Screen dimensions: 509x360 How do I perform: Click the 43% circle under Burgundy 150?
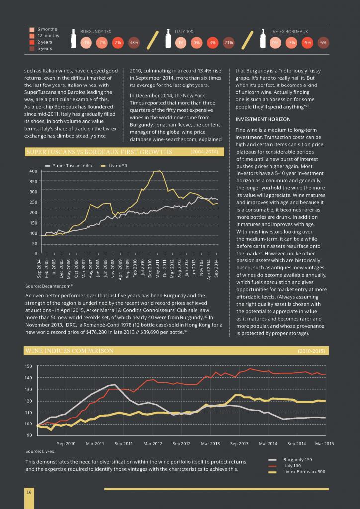point(133,42)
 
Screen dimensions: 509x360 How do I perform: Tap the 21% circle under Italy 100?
point(229,42)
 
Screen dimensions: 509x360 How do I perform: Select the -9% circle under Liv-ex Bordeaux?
point(307,42)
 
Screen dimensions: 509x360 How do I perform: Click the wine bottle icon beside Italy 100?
point(168,39)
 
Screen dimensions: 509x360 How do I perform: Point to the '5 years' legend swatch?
point(32,48)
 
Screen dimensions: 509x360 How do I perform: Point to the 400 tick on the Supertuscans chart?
point(34,171)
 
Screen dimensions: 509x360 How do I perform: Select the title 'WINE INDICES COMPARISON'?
point(69,351)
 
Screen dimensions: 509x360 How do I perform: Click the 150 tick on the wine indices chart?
point(29,366)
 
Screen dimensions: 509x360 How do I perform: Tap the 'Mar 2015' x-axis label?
point(324,443)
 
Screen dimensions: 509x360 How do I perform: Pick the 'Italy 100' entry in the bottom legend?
point(291,465)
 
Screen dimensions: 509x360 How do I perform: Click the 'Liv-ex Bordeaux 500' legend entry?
point(304,471)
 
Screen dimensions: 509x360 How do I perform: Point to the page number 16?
point(29,492)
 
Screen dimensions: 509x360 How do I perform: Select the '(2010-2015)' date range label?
point(311,351)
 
